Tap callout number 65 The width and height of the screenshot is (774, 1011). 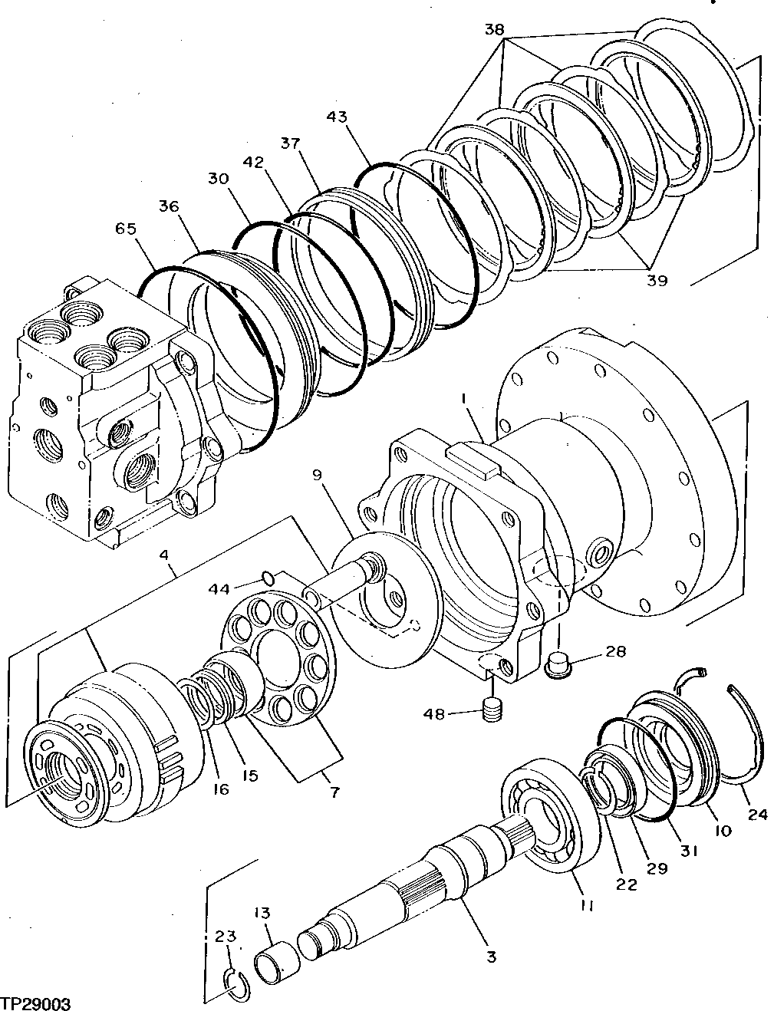tap(127, 228)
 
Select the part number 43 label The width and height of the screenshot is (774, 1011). tap(337, 117)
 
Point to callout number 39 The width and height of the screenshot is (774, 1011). tap(657, 280)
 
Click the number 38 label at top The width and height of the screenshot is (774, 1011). tap(495, 30)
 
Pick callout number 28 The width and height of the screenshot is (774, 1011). tap(615, 652)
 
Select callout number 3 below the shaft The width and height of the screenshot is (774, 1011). tap(491, 957)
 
